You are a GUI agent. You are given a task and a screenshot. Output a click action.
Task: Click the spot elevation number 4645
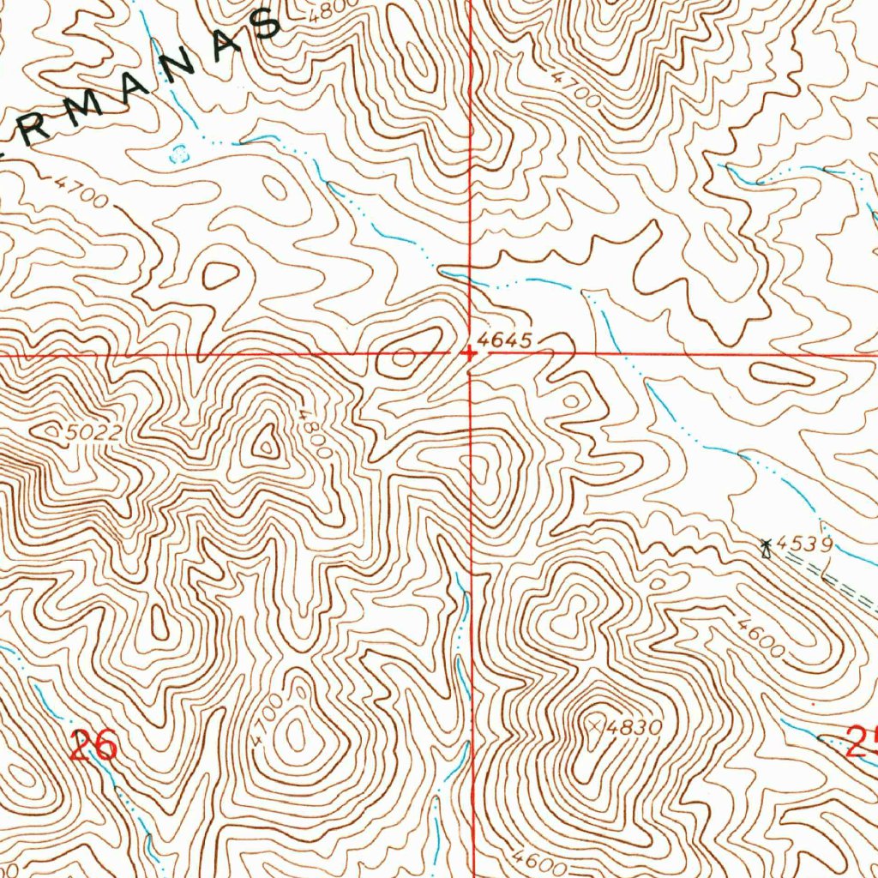(x=507, y=340)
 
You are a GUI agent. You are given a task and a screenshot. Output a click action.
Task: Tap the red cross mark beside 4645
(x=469, y=352)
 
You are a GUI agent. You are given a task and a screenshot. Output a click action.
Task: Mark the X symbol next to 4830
(x=597, y=725)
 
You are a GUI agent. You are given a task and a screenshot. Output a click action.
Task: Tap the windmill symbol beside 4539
(x=767, y=546)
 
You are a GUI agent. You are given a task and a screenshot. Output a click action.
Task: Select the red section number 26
(x=94, y=744)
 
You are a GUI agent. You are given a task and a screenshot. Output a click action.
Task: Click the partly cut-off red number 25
(x=861, y=741)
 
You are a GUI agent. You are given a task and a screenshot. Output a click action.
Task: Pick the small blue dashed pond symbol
(x=178, y=154)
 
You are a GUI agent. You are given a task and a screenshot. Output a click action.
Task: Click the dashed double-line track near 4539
(x=832, y=574)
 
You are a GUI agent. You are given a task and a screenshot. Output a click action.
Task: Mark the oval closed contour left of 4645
(x=404, y=356)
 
